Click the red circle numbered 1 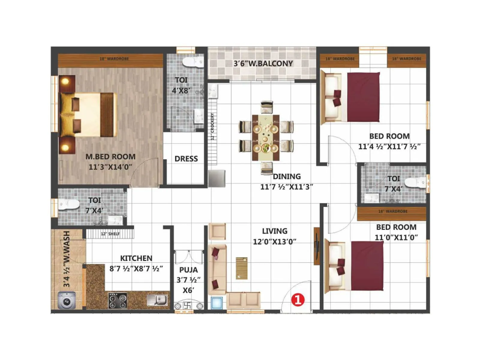(x=298, y=299)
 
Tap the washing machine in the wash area (x=67, y=301)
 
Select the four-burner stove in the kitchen (x=118, y=301)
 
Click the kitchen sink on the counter (x=157, y=299)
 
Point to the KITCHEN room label (x=136, y=258)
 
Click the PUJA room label (x=188, y=270)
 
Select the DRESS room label (x=186, y=159)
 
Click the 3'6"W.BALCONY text (x=263, y=64)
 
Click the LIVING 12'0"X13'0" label (x=274, y=236)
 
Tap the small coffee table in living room (x=241, y=268)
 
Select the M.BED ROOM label (x=110, y=157)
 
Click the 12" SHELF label (x=110, y=234)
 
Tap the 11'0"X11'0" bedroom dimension (x=396, y=238)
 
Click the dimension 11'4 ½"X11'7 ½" (x=389, y=147)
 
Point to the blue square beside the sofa (x=217, y=303)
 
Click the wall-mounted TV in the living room (x=317, y=246)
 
